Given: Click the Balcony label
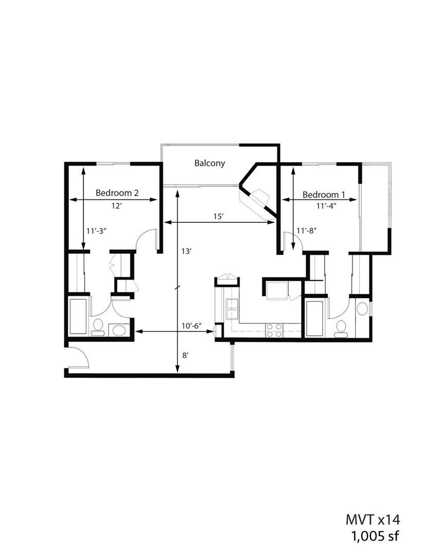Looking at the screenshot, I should pos(210,163).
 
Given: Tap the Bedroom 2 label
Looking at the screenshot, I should pos(117,193).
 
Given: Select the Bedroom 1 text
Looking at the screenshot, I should pos(323,195).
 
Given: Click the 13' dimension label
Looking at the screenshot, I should pos(186,251).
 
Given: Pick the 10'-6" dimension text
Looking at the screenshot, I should pos(192,326).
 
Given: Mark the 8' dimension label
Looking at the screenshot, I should pos(185,355).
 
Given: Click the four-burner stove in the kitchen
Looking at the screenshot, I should pos(273,330).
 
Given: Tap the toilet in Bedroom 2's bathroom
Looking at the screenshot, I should pos(98,328).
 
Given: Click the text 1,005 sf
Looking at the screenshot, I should pos(374,536).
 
